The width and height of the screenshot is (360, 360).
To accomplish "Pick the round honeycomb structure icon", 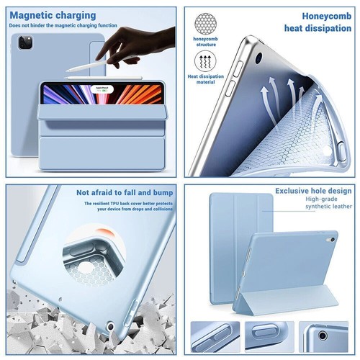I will click(206, 22).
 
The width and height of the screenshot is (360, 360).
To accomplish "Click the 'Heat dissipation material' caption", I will click(206, 79).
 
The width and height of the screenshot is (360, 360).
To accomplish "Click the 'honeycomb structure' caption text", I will click(206, 42).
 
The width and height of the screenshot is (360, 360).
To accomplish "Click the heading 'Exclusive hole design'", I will click(313, 191).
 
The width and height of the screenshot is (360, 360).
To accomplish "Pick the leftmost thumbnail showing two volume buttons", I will click(214, 336).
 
